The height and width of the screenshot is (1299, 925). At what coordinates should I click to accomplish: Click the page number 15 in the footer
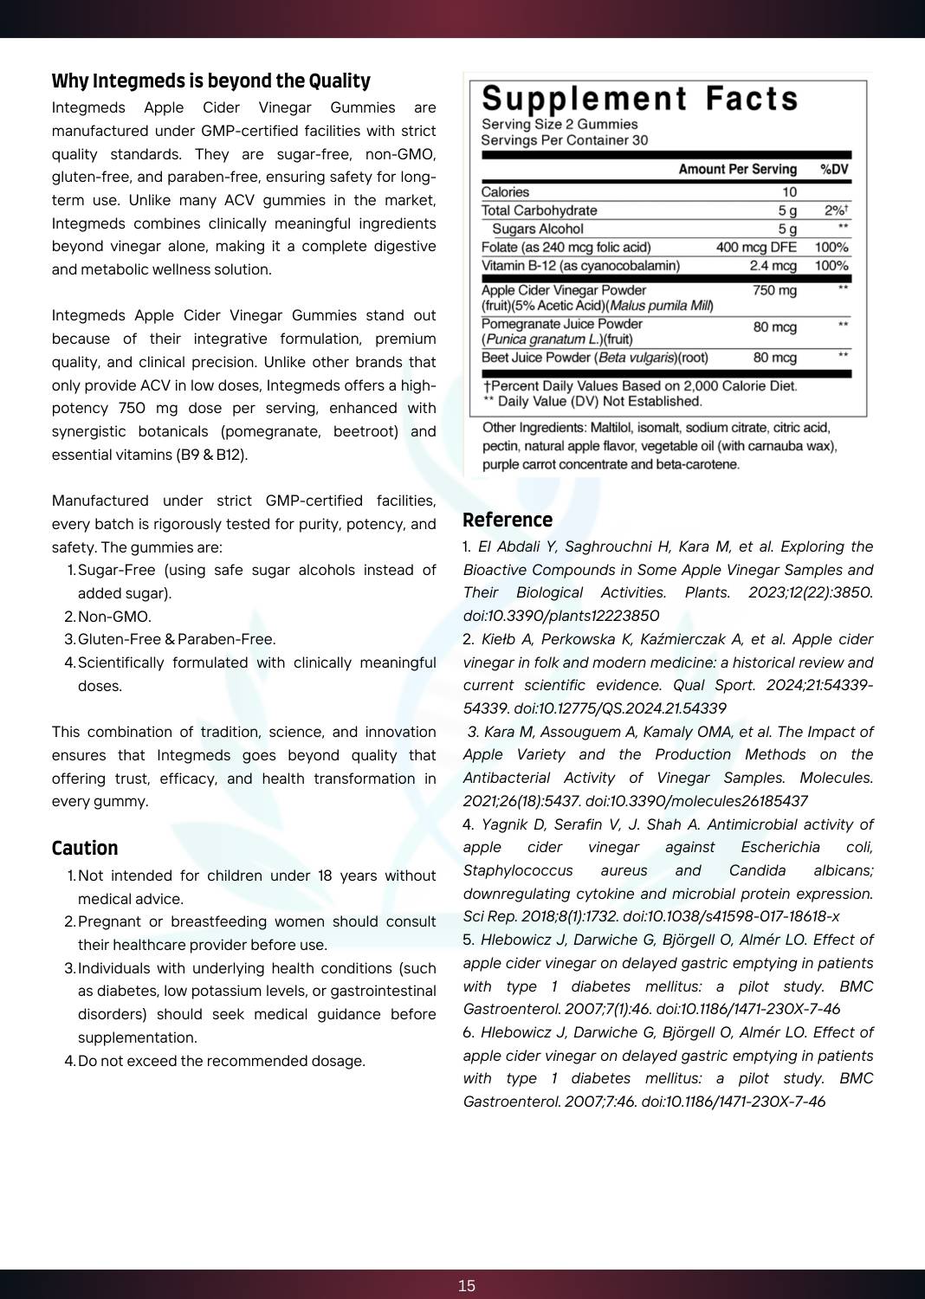click(467, 1286)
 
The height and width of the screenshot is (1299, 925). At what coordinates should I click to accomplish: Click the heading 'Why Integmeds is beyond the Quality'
click(210, 81)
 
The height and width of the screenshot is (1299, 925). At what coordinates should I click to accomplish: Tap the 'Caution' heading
click(85, 849)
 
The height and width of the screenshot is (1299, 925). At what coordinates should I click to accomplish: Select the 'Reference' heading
click(508, 520)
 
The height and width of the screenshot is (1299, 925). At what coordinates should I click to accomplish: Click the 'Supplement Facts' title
click(640, 100)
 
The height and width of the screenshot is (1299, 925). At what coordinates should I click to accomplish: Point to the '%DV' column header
click(834, 170)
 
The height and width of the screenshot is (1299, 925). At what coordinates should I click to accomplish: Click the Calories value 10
click(789, 192)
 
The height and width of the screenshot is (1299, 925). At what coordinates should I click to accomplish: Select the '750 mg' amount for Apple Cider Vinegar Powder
click(774, 291)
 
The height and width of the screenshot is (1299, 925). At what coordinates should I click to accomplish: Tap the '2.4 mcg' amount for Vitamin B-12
click(773, 266)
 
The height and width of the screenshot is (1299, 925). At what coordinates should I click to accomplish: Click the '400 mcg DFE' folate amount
click(756, 248)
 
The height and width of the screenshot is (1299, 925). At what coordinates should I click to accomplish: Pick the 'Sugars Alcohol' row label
click(538, 229)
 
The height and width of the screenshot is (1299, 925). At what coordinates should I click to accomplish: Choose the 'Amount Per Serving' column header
click(737, 170)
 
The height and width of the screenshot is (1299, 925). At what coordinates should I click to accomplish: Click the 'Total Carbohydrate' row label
click(539, 210)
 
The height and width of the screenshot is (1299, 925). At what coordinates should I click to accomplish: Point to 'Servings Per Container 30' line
click(564, 140)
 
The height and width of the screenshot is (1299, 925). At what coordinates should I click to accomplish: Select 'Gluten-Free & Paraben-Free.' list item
click(177, 640)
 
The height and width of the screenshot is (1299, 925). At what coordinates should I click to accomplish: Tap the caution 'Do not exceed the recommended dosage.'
click(222, 1062)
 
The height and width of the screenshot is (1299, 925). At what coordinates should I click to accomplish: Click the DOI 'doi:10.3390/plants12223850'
click(561, 616)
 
